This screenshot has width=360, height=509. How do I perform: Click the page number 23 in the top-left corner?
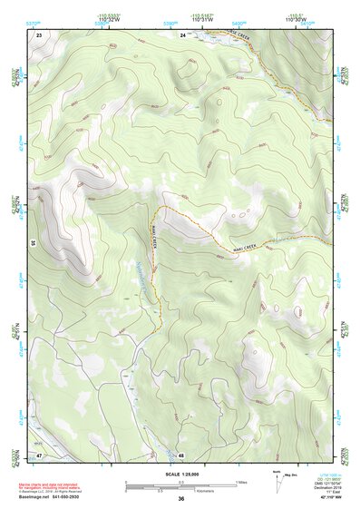point(39,34)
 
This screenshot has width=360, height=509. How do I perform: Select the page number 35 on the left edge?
point(32,244)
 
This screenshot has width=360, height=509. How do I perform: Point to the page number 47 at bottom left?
point(39,454)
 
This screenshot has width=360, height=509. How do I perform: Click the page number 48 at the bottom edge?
point(181,455)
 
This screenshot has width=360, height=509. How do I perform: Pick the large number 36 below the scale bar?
point(181,499)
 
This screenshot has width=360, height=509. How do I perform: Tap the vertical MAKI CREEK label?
point(154,243)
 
